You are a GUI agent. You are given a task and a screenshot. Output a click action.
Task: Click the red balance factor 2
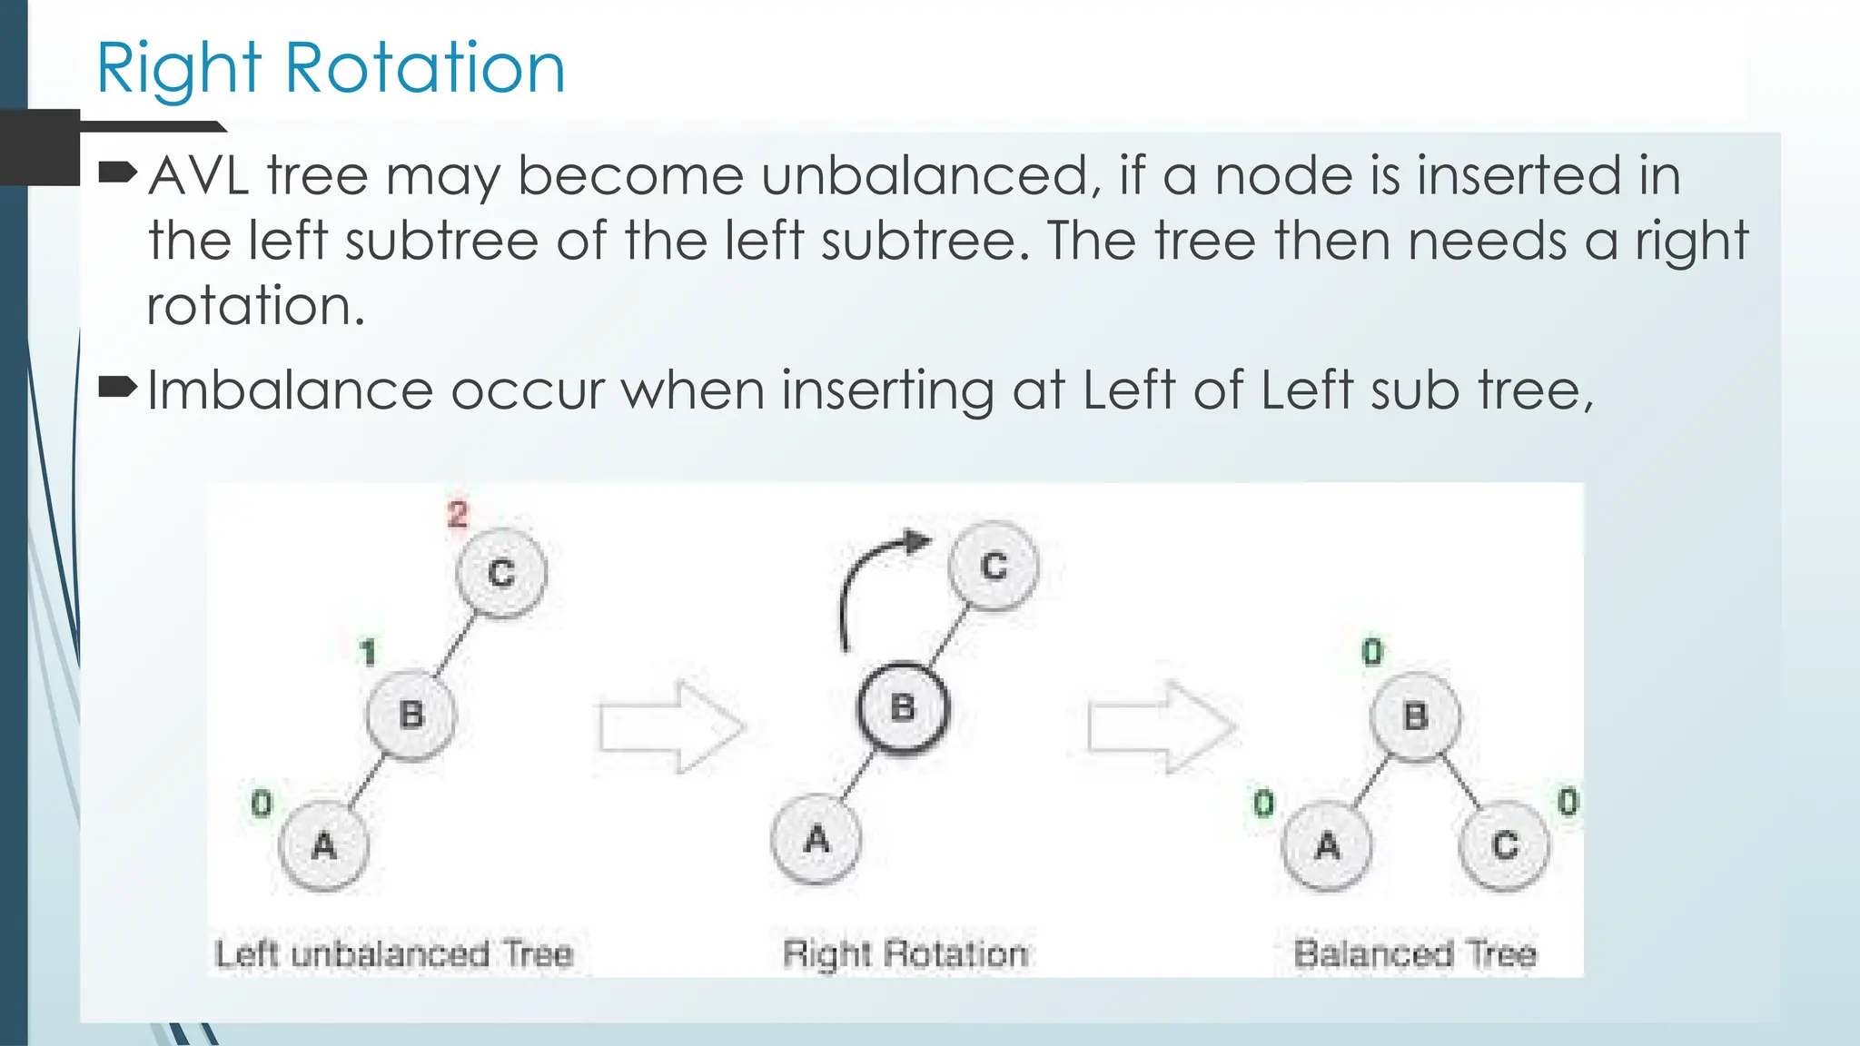[457, 515]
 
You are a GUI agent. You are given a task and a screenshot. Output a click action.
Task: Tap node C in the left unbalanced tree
[501, 573]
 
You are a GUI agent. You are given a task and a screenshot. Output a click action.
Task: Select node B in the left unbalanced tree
[411, 715]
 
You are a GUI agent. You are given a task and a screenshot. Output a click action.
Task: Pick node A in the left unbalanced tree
[323, 846]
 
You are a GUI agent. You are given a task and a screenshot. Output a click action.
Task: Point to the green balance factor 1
[367, 652]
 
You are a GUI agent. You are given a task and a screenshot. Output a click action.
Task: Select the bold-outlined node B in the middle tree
[903, 707]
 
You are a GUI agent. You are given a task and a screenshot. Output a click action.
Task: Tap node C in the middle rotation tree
[994, 566]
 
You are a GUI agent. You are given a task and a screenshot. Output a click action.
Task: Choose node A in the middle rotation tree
[816, 839]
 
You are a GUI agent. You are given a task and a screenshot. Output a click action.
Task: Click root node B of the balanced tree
[1415, 716]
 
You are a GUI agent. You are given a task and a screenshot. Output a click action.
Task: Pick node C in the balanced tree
[1504, 845]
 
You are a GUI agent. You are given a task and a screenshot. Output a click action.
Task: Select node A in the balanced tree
[1327, 845]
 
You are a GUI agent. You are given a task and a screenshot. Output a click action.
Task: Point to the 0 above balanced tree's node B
[1372, 651]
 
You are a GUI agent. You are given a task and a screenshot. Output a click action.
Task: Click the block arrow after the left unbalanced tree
[670, 726]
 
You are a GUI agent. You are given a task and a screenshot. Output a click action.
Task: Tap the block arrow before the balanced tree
[1160, 726]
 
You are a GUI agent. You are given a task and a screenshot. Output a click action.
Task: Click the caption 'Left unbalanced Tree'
[394, 954]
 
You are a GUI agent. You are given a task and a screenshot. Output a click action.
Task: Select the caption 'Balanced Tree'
[1415, 954]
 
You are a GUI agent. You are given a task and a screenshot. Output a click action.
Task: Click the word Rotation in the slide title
[425, 68]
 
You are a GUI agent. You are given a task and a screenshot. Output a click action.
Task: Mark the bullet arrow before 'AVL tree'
[117, 171]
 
